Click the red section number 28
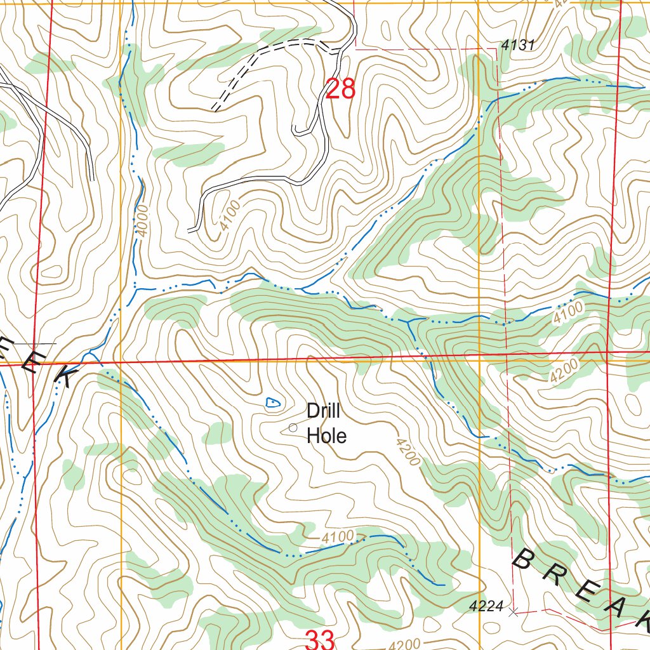point(340,89)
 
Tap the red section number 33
point(319,639)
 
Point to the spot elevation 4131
point(519,45)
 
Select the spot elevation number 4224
point(486,607)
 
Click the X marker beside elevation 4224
point(514,612)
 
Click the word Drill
point(324,411)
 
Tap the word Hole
point(326,436)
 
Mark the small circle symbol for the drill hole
point(293,428)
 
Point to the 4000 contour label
point(141,220)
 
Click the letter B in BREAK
point(524,560)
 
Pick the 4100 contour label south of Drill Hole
point(337,538)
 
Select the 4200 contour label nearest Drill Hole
point(407,451)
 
